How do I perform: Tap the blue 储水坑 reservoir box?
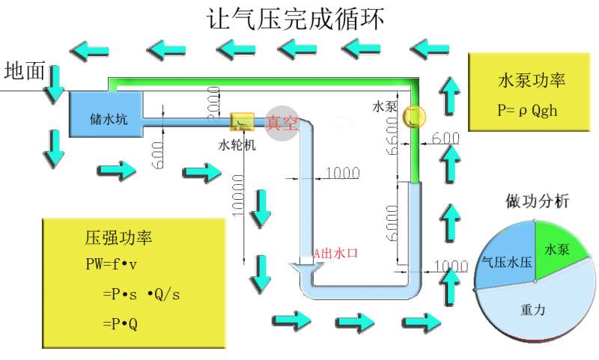(104, 115)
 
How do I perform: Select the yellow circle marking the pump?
(413, 116)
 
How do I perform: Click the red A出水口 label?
(335, 254)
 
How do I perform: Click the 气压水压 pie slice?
(505, 261)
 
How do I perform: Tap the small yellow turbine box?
(241, 120)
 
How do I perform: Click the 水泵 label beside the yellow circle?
(384, 106)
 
